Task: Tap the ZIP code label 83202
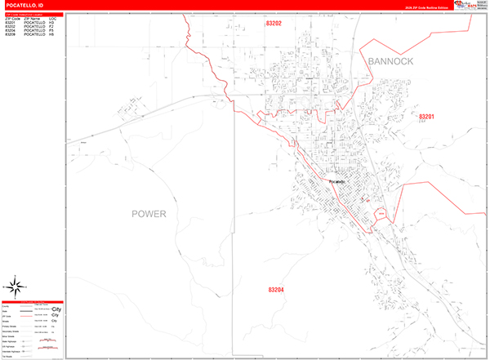pos(274,24)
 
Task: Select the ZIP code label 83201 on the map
pos(431,118)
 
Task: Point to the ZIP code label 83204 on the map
pos(276,290)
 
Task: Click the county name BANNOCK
pos(390,62)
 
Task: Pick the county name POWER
pos(149,214)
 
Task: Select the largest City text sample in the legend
pos(56,311)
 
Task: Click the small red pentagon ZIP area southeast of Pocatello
pos(379,214)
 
